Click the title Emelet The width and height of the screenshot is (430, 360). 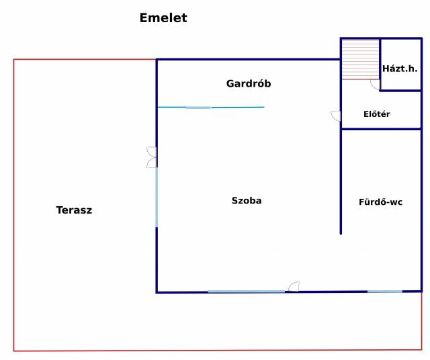(x=163, y=18)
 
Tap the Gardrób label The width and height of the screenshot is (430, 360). (x=248, y=84)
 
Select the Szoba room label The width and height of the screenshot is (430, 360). (x=247, y=200)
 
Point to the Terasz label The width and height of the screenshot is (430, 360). (x=74, y=210)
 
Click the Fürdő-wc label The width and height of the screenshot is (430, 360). (x=381, y=201)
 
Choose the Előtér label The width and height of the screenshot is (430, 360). (x=376, y=114)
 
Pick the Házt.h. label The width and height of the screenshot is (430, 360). (x=400, y=69)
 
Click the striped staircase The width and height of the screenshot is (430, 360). (x=360, y=59)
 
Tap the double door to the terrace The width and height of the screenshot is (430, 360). (x=152, y=157)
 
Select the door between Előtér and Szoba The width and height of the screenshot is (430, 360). (x=336, y=116)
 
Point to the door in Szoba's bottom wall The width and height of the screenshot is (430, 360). (x=293, y=287)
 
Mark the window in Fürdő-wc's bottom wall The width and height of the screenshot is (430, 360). (x=384, y=291)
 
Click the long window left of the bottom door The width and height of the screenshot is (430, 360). (x=246, y=291)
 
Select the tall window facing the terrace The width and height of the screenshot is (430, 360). (x=157, y=197)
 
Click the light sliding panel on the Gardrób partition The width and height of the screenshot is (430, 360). (x=198, y=107)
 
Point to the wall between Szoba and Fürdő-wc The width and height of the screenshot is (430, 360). (x=341, y=181)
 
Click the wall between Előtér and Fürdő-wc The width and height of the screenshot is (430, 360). (x=380, y=128)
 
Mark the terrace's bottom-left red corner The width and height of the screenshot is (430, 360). (x=14, y=351)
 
